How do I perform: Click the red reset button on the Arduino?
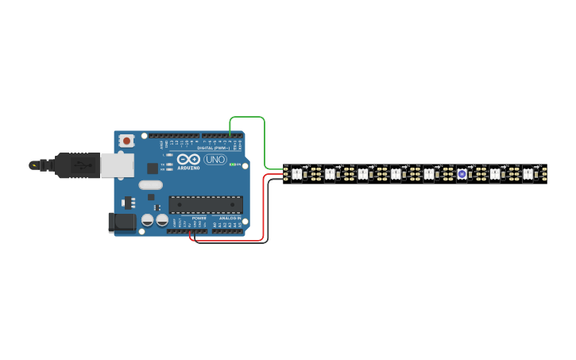[x=126, y=141]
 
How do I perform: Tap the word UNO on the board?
[x=215, y=160]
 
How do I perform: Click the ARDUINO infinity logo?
[x=189, y=159]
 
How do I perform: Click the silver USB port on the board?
[x=117, y=165]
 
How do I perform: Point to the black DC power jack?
[x=121, y=222]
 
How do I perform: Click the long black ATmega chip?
[x=206, y=205]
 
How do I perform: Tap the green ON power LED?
[x=234, y=165]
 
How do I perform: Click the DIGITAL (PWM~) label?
[x=213, y=148]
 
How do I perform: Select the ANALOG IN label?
[x=230, y=218]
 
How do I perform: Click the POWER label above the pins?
[x=199, y=218]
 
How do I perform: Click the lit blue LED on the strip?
[x=462, y=173]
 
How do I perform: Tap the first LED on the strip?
[x=296, y=173]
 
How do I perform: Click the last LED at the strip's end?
[x=528, y=173]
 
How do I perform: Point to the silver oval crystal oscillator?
[x=150, y=185]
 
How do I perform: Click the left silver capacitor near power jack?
[x=148, y=220]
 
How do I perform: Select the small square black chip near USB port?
[x=153, y=168]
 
